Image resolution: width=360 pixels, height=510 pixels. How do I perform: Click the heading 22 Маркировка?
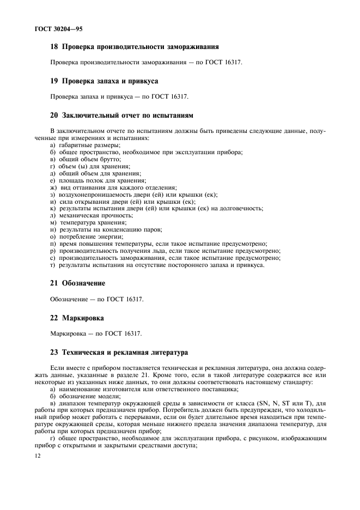coord(77,317)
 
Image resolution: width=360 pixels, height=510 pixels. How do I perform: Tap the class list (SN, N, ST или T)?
coord(290,404)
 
